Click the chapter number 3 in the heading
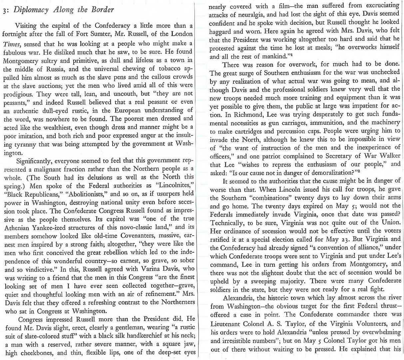(x=3, y=10)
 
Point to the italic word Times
(x=9, y=43)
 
